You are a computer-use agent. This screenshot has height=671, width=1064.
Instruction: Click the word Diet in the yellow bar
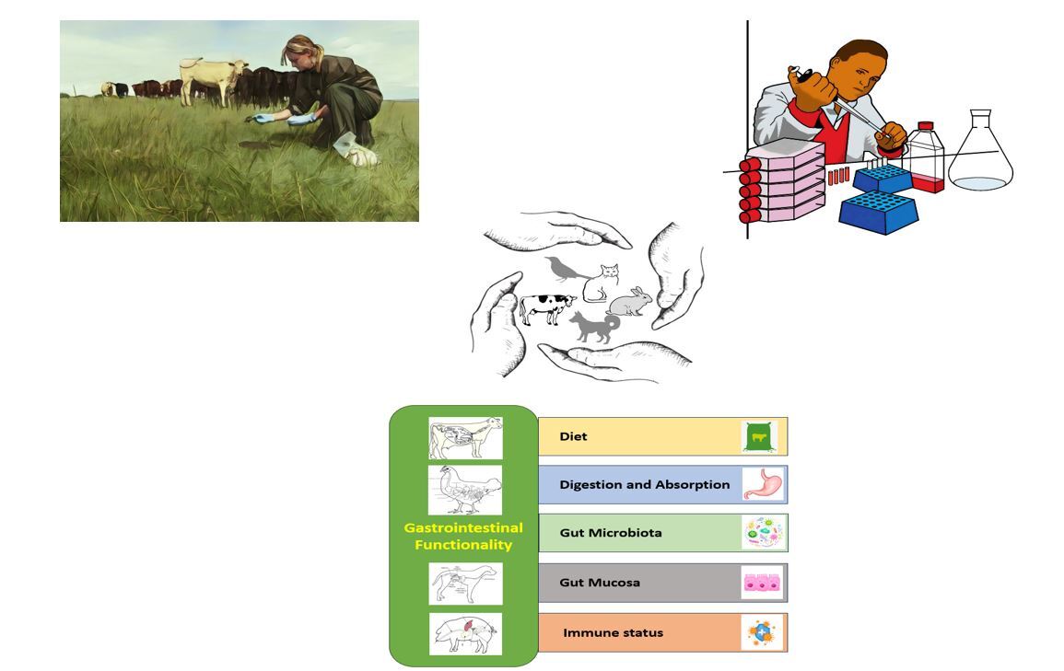(573, 436)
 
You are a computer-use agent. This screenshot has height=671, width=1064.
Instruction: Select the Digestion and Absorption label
(645, 484)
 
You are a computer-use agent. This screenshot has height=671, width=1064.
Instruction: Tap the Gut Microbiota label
(611, 533)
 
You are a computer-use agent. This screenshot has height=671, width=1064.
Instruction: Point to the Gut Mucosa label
(600, 583)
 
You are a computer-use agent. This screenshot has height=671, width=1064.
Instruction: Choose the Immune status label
(614, 633)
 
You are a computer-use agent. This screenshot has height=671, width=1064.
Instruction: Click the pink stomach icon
(763, 484)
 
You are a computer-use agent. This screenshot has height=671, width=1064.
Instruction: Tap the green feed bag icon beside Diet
(759, 437)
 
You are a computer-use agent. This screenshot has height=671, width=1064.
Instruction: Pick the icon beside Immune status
(761, 633)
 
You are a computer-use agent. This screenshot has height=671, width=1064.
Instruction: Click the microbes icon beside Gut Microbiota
(764, 533)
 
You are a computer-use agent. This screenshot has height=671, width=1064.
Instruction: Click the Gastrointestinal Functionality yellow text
(463, 536)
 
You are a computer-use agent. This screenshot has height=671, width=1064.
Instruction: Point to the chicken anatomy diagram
(465, 490)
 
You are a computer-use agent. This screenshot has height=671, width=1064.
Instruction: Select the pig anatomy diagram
(465, 634)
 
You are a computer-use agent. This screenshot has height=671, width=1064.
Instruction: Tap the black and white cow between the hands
(546, 308)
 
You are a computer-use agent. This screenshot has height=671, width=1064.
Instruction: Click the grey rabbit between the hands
(630, 302)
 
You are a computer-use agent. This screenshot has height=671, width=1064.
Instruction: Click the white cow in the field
(213, 80)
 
